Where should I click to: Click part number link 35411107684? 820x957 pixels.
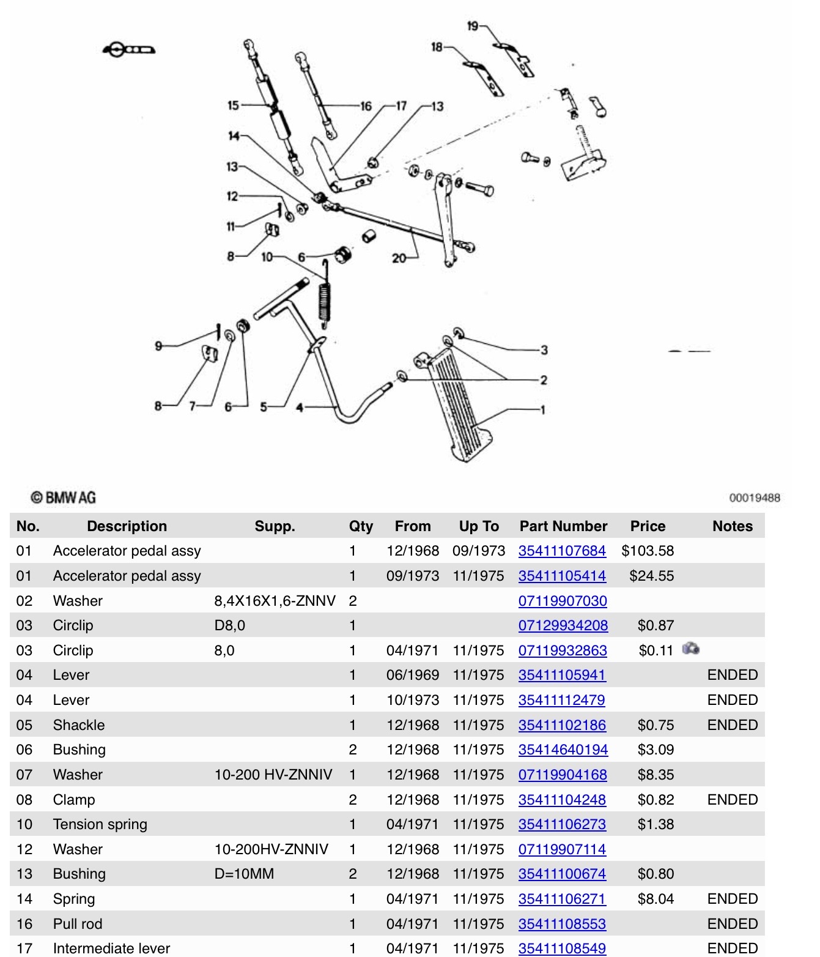point(562,551)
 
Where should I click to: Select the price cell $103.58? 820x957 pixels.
point(648,551)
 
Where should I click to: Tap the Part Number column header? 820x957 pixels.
point(563,526)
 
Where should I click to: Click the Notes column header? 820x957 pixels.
point(732,526)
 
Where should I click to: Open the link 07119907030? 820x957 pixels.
point(563,601)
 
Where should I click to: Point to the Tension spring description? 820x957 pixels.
point(100,824)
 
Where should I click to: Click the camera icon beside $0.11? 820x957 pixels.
point(691,649)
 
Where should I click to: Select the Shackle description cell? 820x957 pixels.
point(79,725)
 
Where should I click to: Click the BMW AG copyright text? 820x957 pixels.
point(64,497)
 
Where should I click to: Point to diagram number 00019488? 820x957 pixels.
point(755,497)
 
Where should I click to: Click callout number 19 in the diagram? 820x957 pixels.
point(473,26)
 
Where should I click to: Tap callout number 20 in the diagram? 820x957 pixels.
point(399,258)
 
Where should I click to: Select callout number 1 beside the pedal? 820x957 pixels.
point(542,409)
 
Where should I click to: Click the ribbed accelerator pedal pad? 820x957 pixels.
point(459,404)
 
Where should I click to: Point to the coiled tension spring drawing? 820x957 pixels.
point(325,300)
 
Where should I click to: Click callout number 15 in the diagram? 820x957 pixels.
point(233,105)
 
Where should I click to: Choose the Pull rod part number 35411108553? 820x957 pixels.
point(562,924)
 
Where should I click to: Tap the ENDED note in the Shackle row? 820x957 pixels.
point(732,725)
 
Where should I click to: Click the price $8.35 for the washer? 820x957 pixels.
point(656,775)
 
